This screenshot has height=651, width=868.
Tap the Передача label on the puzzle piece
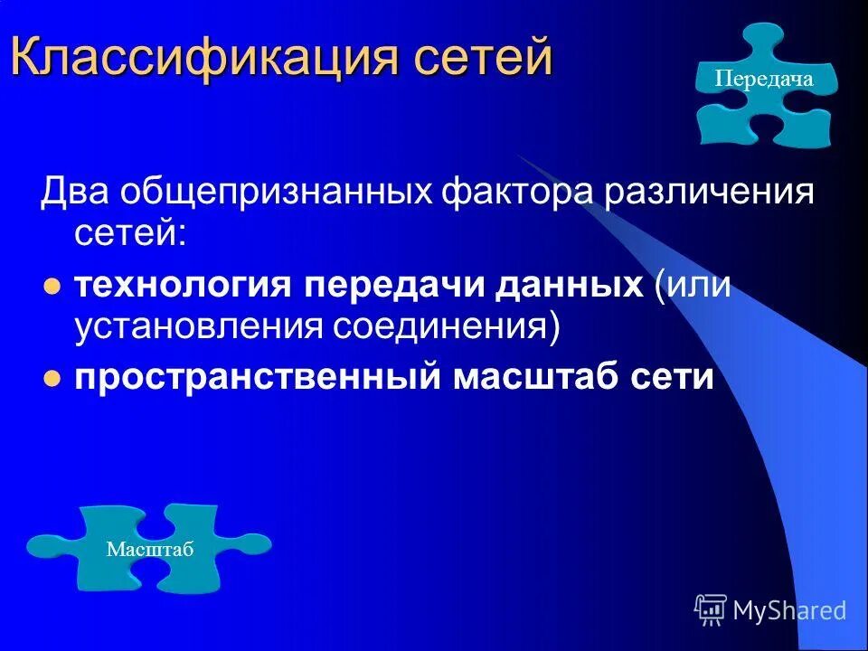pos(764,80)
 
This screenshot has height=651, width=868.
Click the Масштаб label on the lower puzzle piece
pos(150,550)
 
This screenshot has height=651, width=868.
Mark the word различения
pos(705,194)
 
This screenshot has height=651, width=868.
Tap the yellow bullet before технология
pos(52,288)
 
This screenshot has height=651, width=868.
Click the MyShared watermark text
pos(789,611)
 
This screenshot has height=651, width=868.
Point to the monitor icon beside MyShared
pos(711,610)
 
